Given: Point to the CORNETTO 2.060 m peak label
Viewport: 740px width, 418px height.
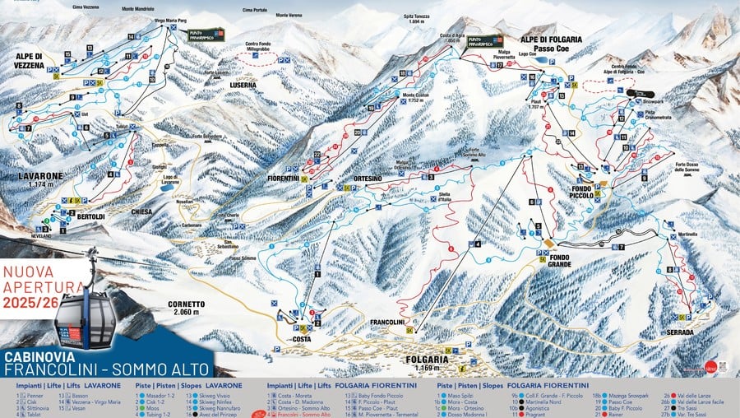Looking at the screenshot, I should click(x=186, y=308).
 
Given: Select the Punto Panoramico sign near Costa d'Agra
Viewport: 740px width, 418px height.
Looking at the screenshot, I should click(x=483, y=42).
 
